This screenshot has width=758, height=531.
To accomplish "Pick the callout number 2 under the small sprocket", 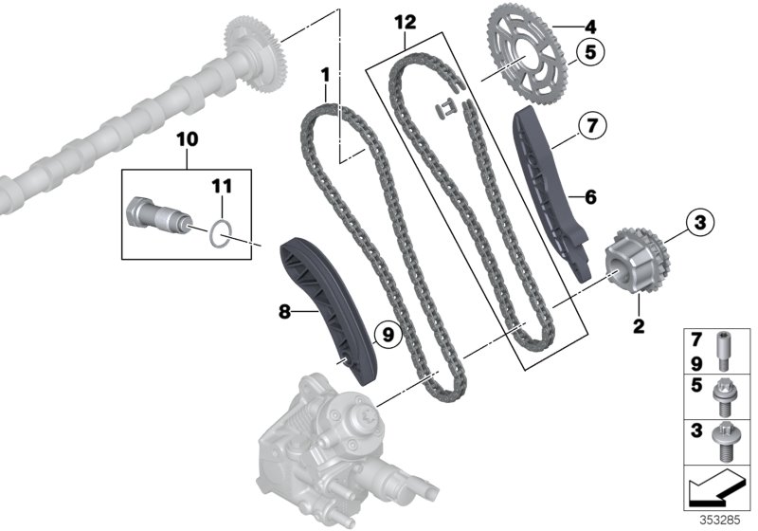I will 638,328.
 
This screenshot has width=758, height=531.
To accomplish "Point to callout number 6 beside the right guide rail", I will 589,197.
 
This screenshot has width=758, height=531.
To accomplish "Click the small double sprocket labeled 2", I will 632,261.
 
